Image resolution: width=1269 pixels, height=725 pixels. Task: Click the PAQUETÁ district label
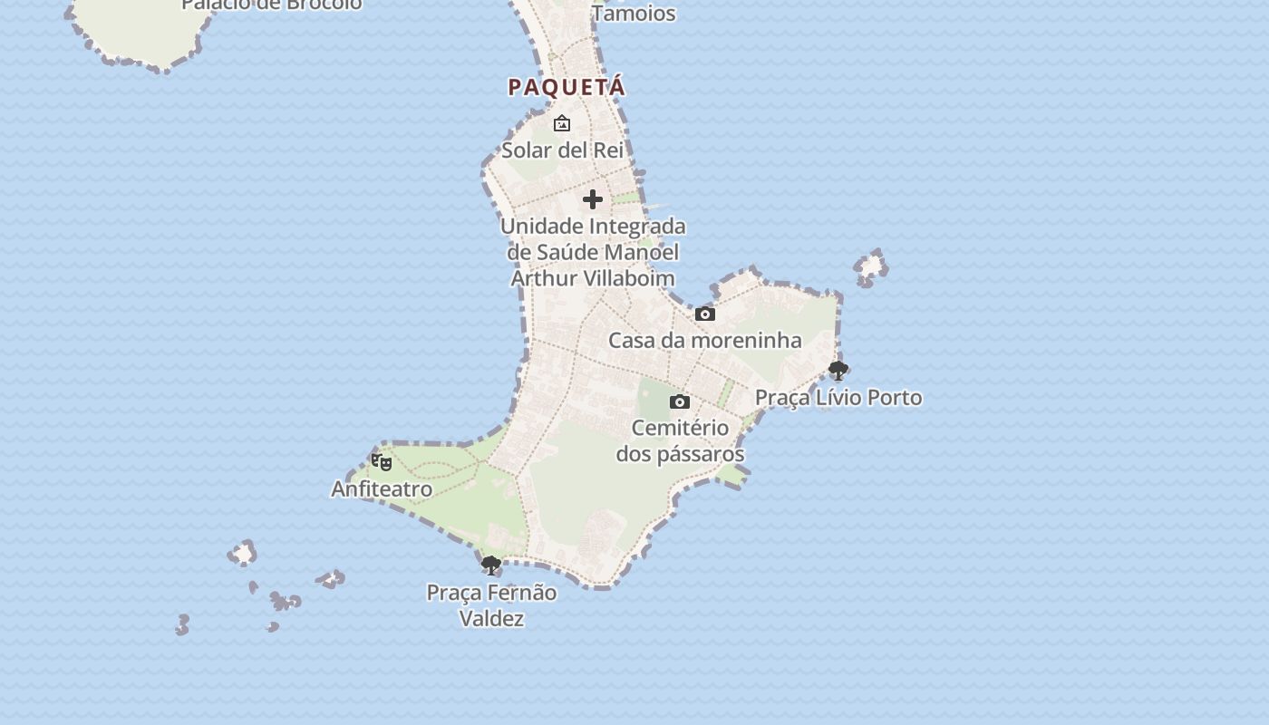[567, 87]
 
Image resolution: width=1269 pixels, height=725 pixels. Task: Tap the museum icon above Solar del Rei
[562, 123]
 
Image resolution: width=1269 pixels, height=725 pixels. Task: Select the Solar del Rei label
[563, 150]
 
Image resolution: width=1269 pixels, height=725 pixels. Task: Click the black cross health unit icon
[593, 199]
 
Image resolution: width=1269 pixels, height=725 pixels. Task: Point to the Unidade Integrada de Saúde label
[593, 252]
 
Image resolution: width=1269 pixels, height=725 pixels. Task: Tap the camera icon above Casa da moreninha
[705, 314]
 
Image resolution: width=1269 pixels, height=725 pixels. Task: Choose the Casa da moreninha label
[704, 341]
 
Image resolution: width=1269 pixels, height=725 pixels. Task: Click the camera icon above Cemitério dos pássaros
[680, 401]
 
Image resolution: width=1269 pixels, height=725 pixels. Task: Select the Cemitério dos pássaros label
[680, 440]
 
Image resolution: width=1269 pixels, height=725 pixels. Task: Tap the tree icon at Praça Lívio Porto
[838, 370]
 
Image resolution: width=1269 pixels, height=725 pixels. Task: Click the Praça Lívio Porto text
[838, 397]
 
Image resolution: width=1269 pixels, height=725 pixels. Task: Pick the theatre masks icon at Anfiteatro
[382, 462]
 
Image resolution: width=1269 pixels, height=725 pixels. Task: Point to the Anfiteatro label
[382, 488]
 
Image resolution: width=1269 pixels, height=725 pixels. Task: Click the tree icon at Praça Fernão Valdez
[491, 565]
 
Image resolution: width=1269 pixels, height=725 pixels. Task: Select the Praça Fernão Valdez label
[491, 605]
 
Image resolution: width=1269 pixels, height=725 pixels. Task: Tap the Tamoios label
[634, 13]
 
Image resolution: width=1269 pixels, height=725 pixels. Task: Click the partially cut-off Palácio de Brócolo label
[272, 5]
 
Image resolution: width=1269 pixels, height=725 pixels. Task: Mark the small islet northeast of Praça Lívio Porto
[871, 267]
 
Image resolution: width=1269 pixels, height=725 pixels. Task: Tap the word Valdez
[491, 619]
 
